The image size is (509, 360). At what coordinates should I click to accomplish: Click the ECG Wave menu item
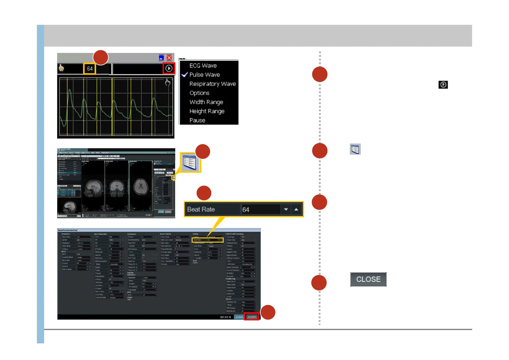pyautogui.click(x=203, y=66)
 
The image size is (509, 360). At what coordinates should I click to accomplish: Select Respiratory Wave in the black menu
pyautogui.click(x=212, y=84)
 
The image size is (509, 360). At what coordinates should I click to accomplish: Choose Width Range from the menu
pyautogui.click(x=206, y=102)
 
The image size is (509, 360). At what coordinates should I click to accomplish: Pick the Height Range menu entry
pyautogui.click(x=207, y=111)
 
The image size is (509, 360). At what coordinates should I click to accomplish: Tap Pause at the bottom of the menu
pyautogui.click(x=197, y=120)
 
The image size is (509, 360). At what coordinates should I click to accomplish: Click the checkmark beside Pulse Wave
pyautogui.click(x=185, y=74)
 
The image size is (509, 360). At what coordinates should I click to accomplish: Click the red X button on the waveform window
pyautogui.click(x=169, y=58)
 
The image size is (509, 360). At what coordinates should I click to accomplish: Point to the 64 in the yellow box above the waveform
pyautogui.click(x=90, y=69)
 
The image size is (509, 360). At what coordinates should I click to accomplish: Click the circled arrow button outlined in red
pyautogui.click(x=169, y=68)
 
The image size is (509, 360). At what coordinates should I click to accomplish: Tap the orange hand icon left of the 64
pyautogui.click(x=61, y=68)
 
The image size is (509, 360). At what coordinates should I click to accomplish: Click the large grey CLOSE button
pyautogui.click(x=368, y=279)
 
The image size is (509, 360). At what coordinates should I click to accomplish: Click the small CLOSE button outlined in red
pyautogui.click(x=252, y=317)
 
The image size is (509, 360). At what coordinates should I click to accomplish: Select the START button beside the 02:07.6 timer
pyautogui.click(x=239, y=317)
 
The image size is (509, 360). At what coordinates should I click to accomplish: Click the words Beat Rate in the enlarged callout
pyautogui.click(x=201, y=209)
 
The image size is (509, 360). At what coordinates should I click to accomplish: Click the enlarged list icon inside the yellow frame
pyautogui.click(x=190, y=162)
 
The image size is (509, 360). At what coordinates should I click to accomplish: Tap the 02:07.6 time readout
pyautogui.click(x=225, y=317)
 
